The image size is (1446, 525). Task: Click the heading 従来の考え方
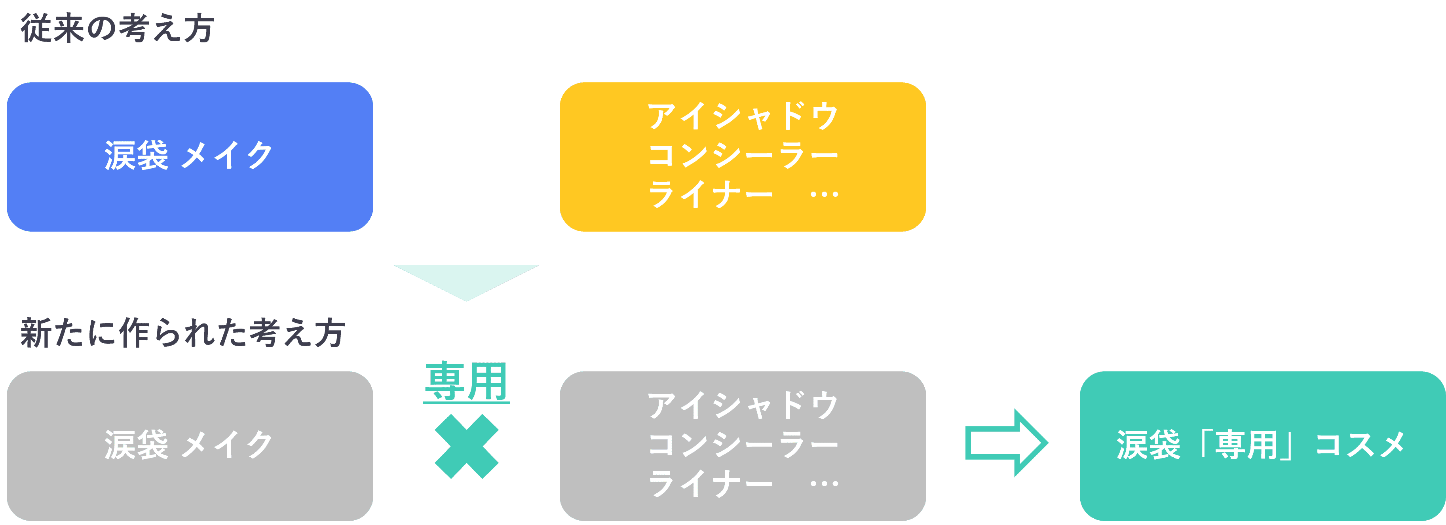pos(117,28)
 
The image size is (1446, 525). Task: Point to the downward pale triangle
pos(466,280)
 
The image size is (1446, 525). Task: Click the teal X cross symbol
pos(466,446)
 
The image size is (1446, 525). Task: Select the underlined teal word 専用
pos(466,382)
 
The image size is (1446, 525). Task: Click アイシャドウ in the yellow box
pos(742,117)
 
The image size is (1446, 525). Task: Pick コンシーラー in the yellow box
pos(742,156)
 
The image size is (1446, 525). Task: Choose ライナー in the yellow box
pos(710,195)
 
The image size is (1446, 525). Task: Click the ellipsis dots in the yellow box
pos(824,195)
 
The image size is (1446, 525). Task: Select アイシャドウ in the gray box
pos(742,406)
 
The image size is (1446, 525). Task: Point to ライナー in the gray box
pos(710,484)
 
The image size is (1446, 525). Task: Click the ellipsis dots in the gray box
pos(824,484)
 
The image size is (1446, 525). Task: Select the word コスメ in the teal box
pos(1359,445)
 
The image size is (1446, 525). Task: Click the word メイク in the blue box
pos(227,156)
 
